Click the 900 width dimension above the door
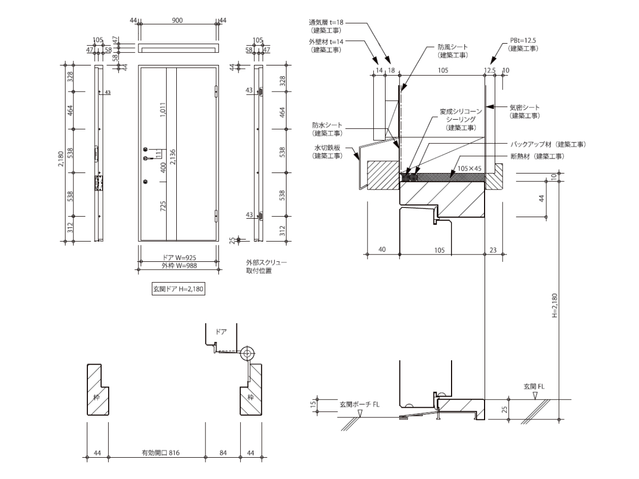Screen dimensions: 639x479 (177, 20)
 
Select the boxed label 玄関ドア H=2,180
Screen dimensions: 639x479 (178, 289)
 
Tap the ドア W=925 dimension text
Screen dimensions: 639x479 (179, 258)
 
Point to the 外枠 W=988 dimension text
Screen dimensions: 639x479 (179, 266)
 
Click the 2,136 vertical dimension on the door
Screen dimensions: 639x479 (173, 157)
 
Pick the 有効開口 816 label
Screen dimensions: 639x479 (160, 452)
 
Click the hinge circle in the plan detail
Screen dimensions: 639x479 (247, 353)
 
